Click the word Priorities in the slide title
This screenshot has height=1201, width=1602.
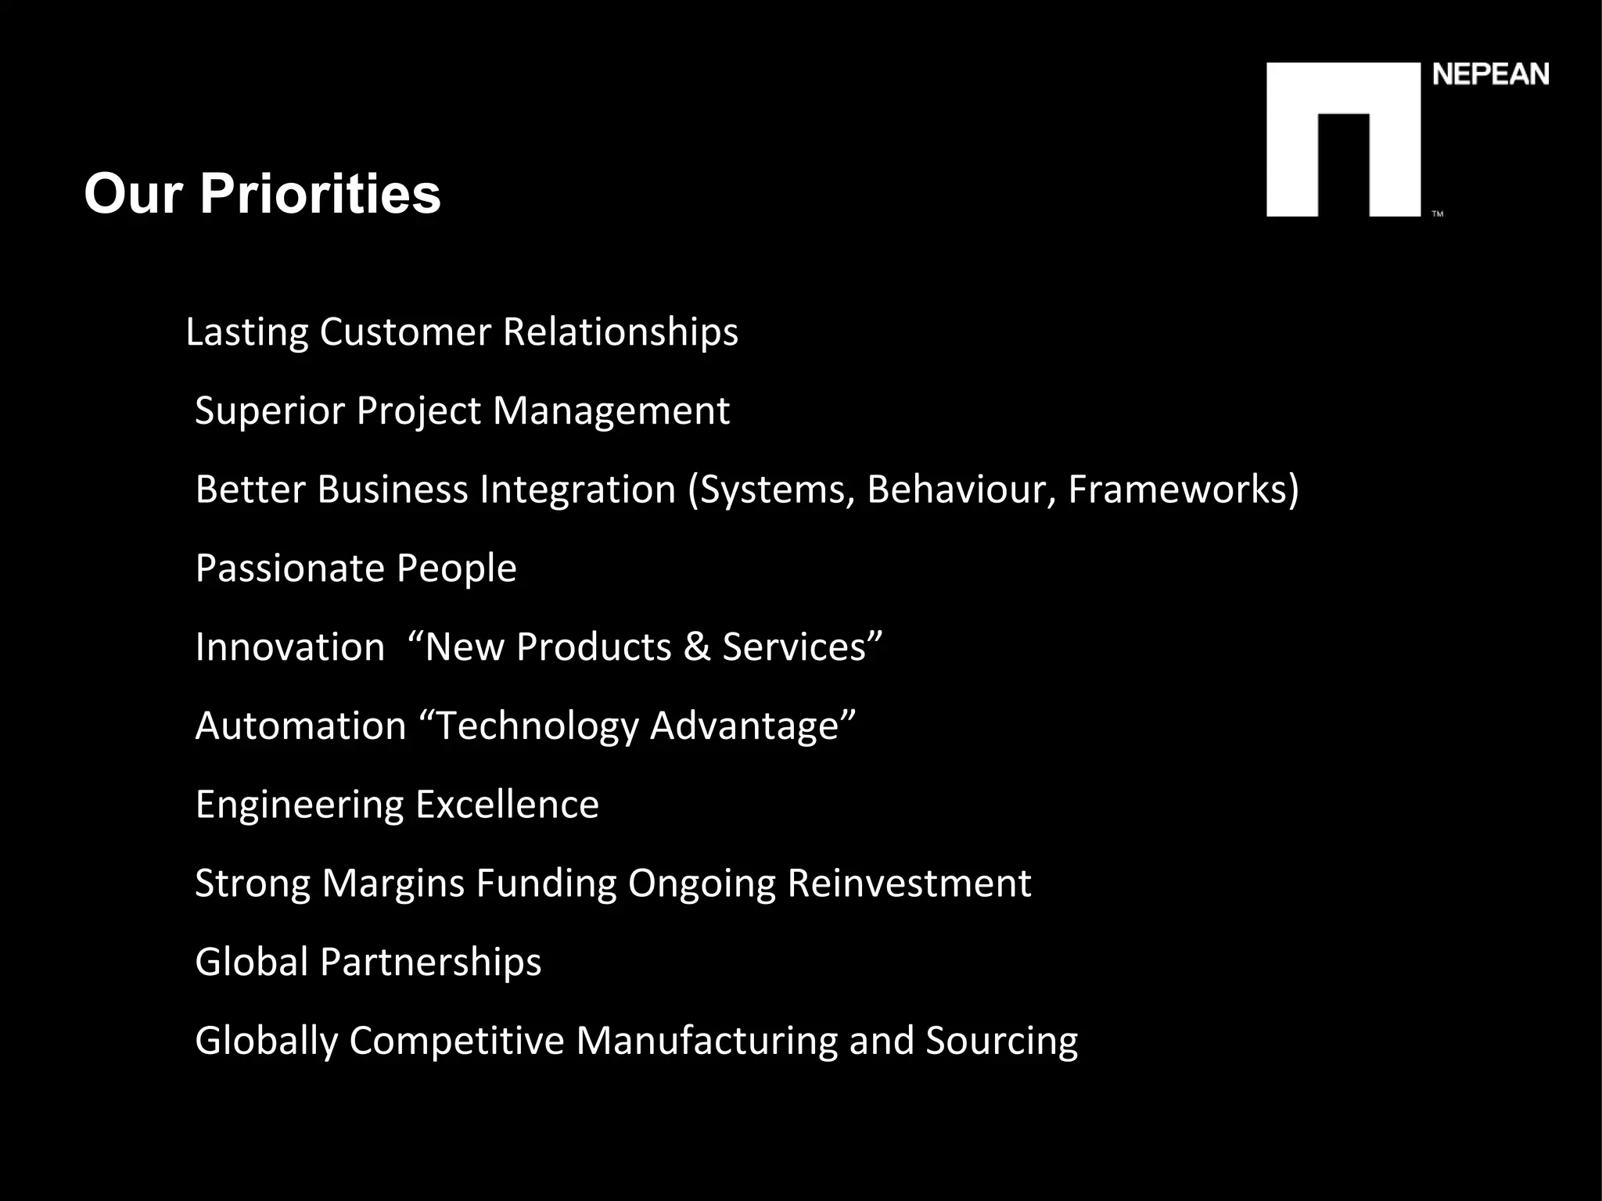click(x=320, y=194)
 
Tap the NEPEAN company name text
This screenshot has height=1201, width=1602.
click(x=1490, y=75)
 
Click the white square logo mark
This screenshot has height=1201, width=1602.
click(x=1342, y=139)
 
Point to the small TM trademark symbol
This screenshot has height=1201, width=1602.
click(x=1438, y=213)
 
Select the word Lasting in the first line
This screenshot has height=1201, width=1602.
click(x=247, y=332)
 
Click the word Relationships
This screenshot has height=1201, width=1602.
click(x=620, y=332)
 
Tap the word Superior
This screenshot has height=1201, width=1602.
click(x=270, y=410)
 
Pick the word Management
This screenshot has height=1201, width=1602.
click(x=611, y=410)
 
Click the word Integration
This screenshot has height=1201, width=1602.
click(x=577, y=489)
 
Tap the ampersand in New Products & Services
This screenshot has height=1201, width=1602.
click(x=697, y=647)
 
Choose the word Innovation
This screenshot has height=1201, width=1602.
click(x=290, y=647)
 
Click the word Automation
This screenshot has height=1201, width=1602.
click(x=301, y=726)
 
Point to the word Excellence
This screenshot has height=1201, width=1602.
click(x=507, y=805)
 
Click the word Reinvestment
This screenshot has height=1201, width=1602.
click(x=909, y=884)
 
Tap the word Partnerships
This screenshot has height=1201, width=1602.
click(x=430, y=962)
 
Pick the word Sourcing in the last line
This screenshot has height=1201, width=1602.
click(x=1001, y=1041)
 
